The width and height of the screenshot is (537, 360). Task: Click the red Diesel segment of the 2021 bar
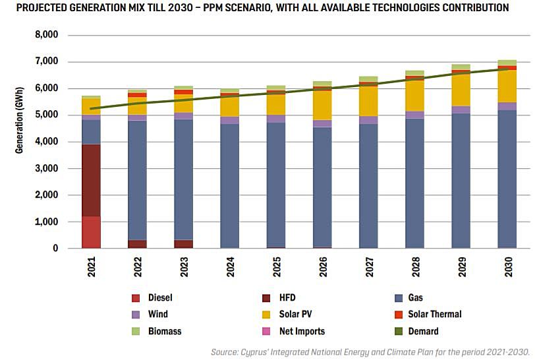click(x=91, y=232)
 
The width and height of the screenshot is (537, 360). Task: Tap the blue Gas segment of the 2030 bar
click(x=507, y=178)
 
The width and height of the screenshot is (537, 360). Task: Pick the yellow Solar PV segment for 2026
click(x=322, y=105)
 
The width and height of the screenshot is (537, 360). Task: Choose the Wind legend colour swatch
click(x=136, y=315)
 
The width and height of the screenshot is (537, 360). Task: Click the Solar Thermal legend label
click(x=435, y=315)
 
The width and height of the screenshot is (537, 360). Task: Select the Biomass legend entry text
click(x=165, y=331)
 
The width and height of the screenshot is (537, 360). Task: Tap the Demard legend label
click(x=423, y=331)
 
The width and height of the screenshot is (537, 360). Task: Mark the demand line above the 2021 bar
click(x=91, y=108)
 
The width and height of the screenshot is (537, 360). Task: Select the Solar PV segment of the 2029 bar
click(x=461, y=89)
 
